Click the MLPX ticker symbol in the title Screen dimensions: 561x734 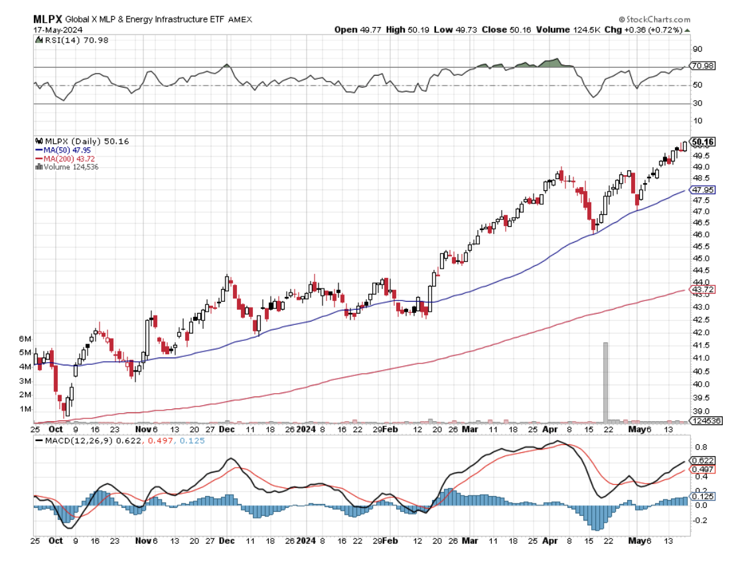tap(48, 20)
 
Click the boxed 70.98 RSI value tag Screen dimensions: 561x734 tap(701, 66)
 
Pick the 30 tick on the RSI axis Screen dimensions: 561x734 tap(697, 103)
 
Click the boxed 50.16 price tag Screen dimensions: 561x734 tap(703, 141)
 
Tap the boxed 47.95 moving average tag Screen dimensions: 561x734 tap(703, 190)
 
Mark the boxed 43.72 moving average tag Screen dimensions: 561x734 tap(703, 290)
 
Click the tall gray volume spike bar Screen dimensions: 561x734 tap(605, 381)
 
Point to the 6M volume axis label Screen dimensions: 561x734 tap(25, 338)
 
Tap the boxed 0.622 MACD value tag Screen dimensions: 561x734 tap(701, 460)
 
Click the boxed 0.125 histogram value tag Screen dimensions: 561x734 tap(701, 497)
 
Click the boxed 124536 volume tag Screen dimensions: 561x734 tap(705, 421)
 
